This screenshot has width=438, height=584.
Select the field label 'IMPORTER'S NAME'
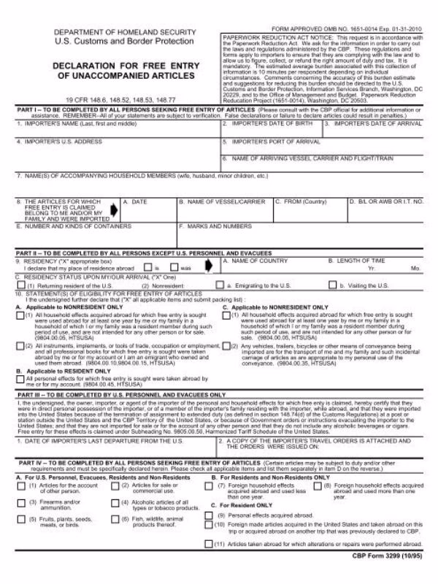46,124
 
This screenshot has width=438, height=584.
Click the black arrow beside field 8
113,209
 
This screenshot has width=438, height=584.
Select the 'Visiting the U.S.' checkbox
343,285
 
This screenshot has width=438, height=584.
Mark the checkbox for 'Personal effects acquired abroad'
210,535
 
